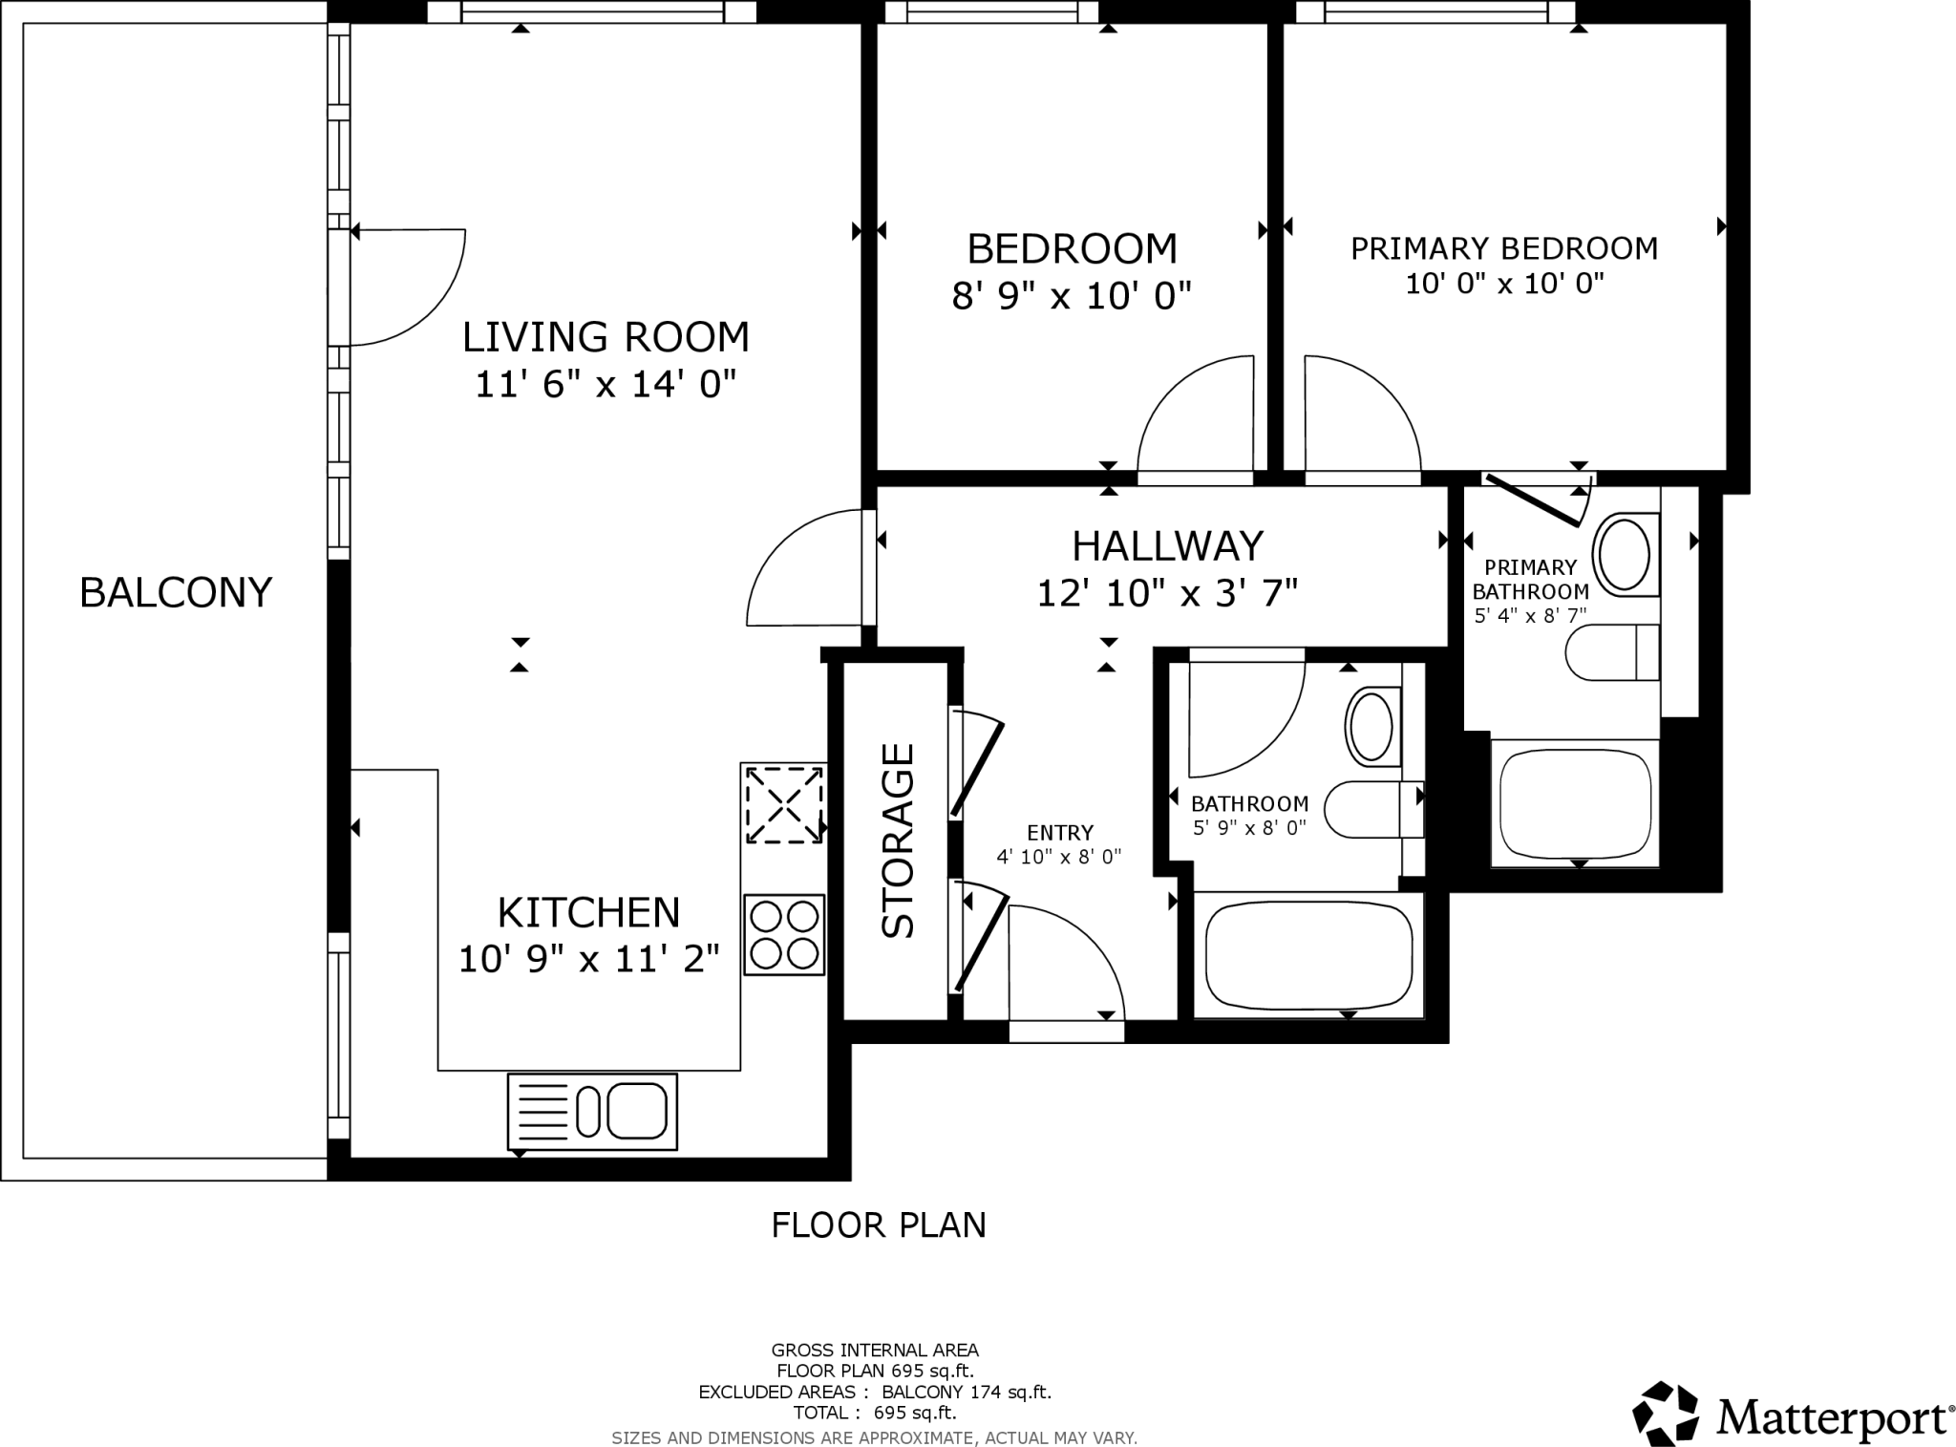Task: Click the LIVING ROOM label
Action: coord(606,337)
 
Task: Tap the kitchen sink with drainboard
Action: coord(592,1111)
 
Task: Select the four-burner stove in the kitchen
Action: coord(784,934)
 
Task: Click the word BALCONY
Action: coord(176,592)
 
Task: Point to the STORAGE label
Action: coord(898,840)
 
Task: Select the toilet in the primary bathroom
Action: coord(1613,653)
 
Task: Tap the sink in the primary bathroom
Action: coord(1624,554)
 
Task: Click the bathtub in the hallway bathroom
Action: coord(1308,955)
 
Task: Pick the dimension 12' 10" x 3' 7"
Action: coord(1167,594)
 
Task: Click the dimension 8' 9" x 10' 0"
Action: coord(1072,296)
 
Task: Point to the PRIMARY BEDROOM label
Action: coord(1503,248)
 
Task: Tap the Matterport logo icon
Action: coord(1665,1414)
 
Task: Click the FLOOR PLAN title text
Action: coord(878,1224)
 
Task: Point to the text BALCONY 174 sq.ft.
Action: coord(966,1392)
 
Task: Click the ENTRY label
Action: coord(1059,833)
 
